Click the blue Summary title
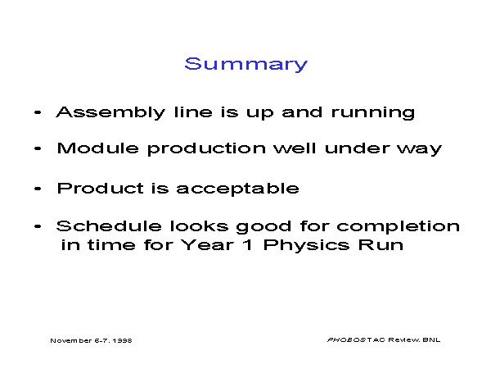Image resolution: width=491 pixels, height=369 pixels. (246, 65)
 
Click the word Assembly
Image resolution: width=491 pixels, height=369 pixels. (110, 112)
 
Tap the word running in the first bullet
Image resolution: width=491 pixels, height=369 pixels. (373, 113)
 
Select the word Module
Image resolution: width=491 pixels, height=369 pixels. (97, 148)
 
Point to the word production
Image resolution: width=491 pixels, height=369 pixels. (207, 149)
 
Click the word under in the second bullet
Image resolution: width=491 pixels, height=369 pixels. (358, 148)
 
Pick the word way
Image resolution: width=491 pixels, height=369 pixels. (420, 150)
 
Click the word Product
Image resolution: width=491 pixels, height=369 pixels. (100, 189)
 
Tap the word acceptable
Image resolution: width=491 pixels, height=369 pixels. (237, 189)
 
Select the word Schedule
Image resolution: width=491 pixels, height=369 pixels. (109, 226)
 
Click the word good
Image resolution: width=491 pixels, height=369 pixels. (264, 227)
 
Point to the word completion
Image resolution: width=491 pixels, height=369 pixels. (399, 227)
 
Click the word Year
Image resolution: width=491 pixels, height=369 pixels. (208, 244)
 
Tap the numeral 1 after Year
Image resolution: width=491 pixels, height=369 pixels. (248, 244)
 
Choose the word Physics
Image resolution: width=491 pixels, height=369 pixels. (306, 246)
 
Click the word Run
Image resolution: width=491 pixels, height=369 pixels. (381, 244)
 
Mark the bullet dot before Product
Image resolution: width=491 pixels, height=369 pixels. (38, 189)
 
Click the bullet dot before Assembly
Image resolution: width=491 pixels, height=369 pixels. (38, 112)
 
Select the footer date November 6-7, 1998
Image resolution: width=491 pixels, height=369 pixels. (91, 340)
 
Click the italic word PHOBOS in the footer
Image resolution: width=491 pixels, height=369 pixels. (346, 339)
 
